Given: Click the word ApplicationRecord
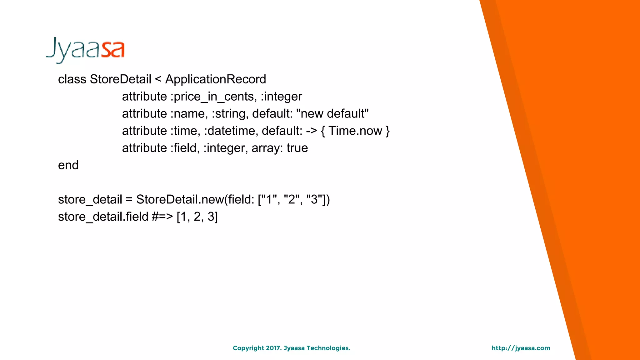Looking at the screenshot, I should [215, 79].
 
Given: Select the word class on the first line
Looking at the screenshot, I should [72, 79].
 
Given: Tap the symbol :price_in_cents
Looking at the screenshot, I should [213, 97].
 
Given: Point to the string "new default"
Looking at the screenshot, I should [332, 114].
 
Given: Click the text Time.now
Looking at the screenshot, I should [355, 131].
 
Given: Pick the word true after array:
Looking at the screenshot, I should [297, 148].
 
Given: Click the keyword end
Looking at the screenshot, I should [68, 165].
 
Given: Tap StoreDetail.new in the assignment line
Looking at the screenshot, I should [180, 199].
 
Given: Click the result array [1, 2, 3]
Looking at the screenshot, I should [197, 217].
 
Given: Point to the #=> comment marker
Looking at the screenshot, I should [162, 217].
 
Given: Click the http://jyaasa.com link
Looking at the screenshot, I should [521, 348].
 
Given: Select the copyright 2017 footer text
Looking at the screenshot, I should [291, 348].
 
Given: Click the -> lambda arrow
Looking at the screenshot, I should [312, 131].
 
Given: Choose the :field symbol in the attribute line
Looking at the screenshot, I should [185, 148].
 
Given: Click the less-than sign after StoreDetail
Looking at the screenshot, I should [158, 79].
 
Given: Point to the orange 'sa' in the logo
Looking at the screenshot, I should [113, 50].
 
